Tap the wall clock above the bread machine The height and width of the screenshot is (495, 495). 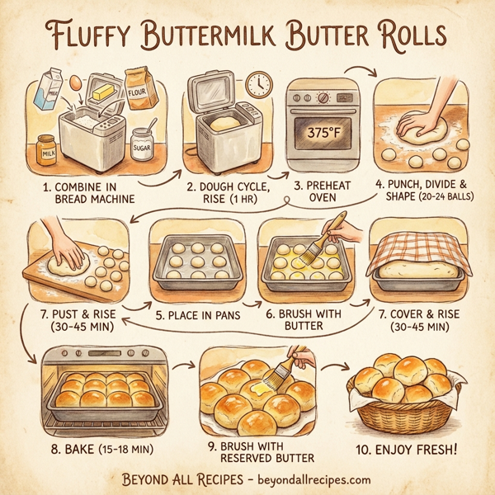coord(258,82)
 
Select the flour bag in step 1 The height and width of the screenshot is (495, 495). coord(140,88)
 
